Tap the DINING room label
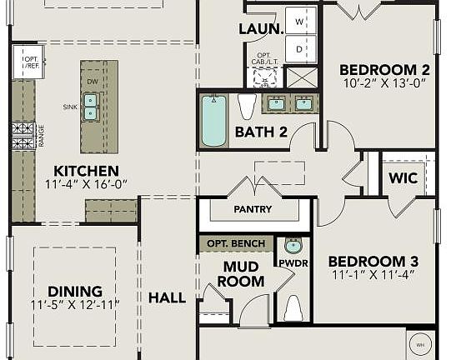click(75, 291)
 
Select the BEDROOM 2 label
click(384, 69)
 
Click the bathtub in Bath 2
click(214, 121)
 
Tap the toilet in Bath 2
click(247, 107)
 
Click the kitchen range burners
click(23, 135)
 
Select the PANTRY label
click(253, 209)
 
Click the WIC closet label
click(403, 177)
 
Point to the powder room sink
click(293, 246)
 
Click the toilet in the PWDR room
click(293, 307)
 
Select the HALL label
click(167, 297)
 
